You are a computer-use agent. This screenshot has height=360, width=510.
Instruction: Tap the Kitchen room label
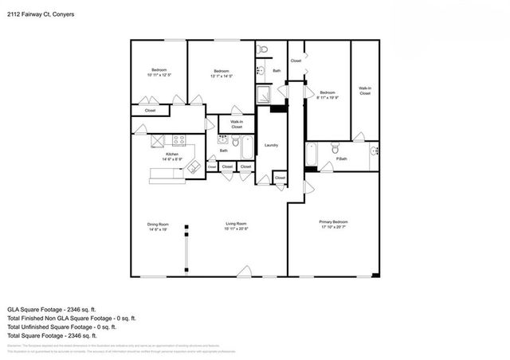(x=171, y=155)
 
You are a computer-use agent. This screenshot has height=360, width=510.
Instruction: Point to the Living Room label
(x=237, y=225)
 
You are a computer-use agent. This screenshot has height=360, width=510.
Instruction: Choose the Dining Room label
(x=158, y=225)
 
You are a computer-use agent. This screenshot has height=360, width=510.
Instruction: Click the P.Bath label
(x=341, y=159)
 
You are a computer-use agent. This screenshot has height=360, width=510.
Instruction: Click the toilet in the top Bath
(x=264, y=50)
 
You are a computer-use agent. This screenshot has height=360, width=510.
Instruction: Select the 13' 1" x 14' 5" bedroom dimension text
(x=222, y=75)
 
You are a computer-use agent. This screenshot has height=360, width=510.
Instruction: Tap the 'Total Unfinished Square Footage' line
(x=61, y=327)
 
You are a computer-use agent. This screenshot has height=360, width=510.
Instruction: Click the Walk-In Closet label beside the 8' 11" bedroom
(x=364, y=91)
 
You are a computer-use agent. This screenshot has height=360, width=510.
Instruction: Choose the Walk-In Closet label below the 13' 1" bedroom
(x=237, y=124)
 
